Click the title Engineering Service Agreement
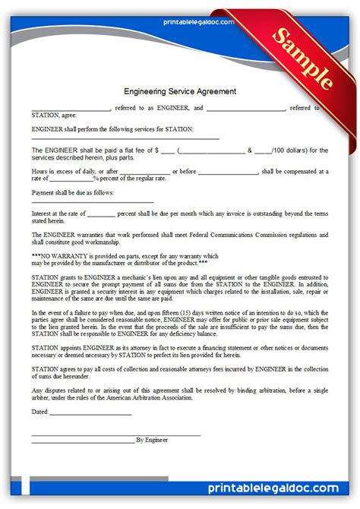point(180,91)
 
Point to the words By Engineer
point(152,440)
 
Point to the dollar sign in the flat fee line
point(156,150)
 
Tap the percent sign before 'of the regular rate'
point(95,179)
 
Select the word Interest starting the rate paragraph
point(43,214)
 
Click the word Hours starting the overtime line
point(40,172)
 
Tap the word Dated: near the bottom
point(40,413)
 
